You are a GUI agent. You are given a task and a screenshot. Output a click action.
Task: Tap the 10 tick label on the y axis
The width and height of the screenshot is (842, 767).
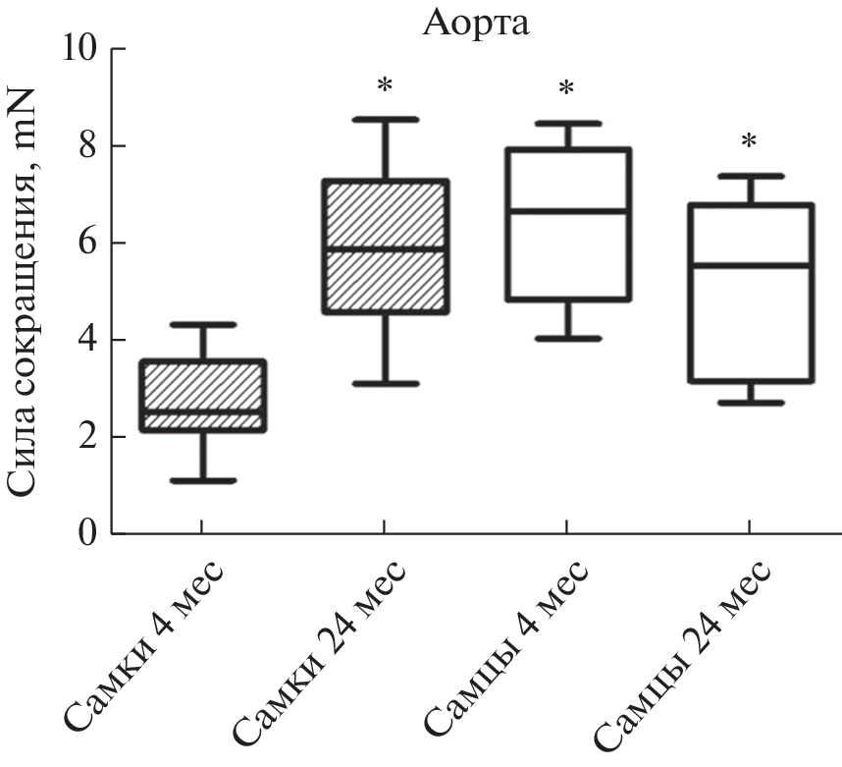tap(81, 49)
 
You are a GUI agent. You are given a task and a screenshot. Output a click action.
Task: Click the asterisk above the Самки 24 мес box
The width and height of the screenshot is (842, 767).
tap(385, 86)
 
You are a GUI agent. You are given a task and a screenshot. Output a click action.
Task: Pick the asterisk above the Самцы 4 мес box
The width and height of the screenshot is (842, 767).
tap(566, 89)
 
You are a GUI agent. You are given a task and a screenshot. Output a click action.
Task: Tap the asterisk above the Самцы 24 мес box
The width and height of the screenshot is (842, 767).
tap(749, 142)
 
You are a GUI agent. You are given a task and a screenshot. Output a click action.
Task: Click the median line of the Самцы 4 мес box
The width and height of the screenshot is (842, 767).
tap(566, 210)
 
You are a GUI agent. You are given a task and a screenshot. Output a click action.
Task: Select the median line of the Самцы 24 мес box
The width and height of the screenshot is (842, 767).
tap(749, 265)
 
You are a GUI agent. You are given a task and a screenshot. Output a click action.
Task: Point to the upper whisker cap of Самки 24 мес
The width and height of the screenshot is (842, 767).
tap(385, 119)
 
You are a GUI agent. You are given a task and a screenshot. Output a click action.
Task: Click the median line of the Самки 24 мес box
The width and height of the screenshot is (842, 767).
tap(385, 248)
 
